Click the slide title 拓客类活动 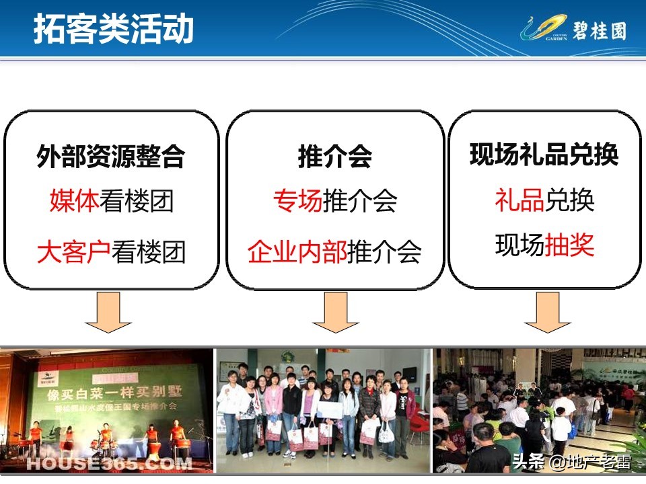click(x=114, y=30)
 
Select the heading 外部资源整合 click(x=111, y=156)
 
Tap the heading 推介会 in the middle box click(x=334, y=156)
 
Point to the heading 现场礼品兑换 click(x=544, y=155)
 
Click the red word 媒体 click(x=74, y=200)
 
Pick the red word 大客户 click(x=74, y=252)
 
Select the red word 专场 click(x=297, y=200)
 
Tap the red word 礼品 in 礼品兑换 click(x=519, y=200)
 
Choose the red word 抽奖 click(x=569, y=245)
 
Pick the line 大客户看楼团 click(x=111, y=252)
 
